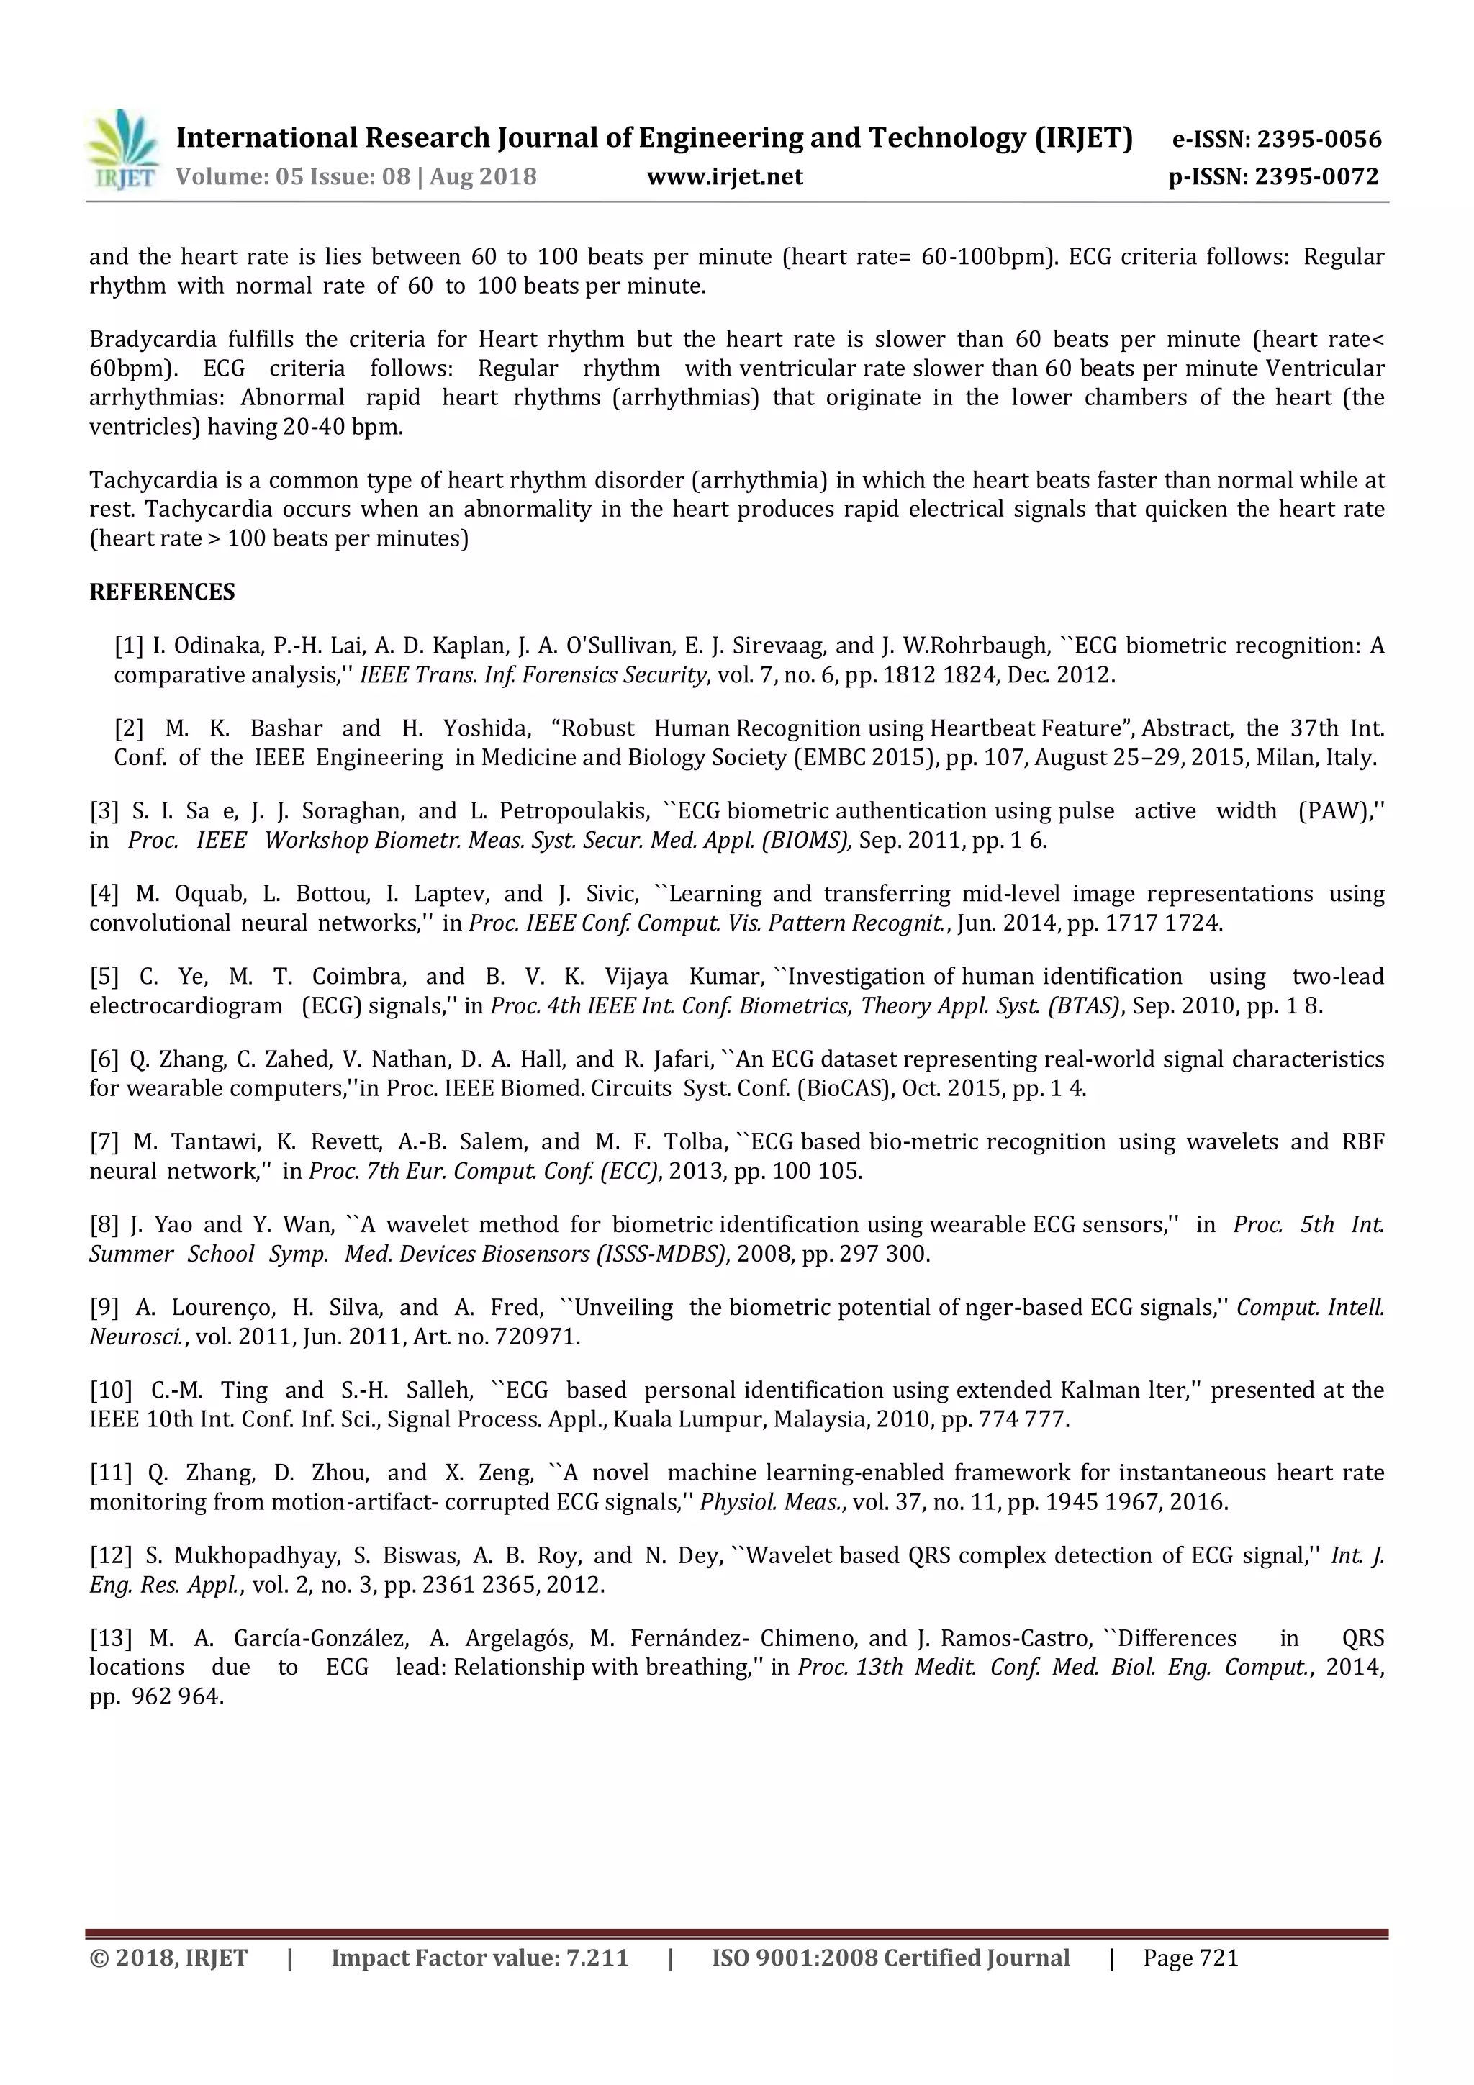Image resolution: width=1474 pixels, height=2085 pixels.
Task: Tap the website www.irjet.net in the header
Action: pos(725,176)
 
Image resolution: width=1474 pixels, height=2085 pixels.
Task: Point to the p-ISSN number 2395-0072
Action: pos(1317,176)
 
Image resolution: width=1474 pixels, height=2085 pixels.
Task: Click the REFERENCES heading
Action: pos(162,592)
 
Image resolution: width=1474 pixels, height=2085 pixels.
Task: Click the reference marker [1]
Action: pos(128,646)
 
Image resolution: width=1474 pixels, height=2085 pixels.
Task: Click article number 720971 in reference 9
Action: pos(538,1337)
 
